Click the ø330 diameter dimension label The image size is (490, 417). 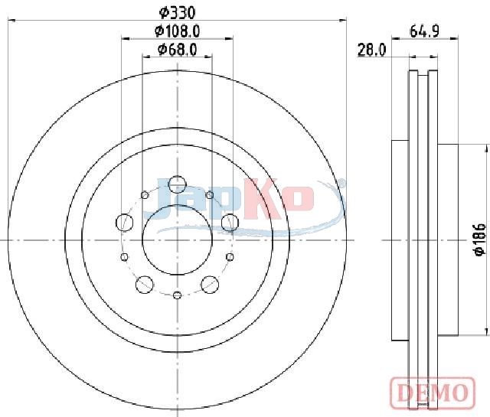[x=177, y=13]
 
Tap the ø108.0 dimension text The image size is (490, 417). [x=177, y=31]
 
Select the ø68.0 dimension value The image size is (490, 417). [x=177, y=50]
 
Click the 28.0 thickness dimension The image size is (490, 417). [x=372, y=50]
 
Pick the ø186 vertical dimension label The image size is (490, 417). [x=480, y=239]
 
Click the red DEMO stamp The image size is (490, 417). [x=433, y=393]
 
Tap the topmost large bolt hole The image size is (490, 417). [x=177, y=184]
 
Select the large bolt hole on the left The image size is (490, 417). [x=124, y=223]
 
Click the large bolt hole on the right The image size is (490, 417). [x=230, y=223]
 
